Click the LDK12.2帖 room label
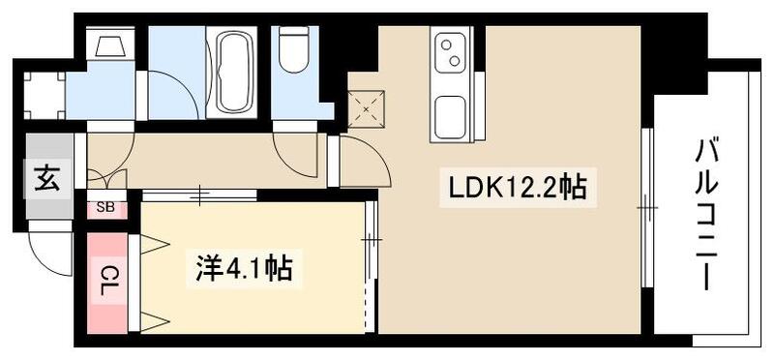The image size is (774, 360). click(x=515, y=187)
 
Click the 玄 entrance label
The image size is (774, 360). click(x=45, y=180)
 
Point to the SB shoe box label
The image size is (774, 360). click(x=104, y=207)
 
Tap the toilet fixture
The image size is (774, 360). click(x=293, y=48)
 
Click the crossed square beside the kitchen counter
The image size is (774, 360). click(x=368, y=108)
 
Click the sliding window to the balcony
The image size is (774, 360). click(x=646, y=207)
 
